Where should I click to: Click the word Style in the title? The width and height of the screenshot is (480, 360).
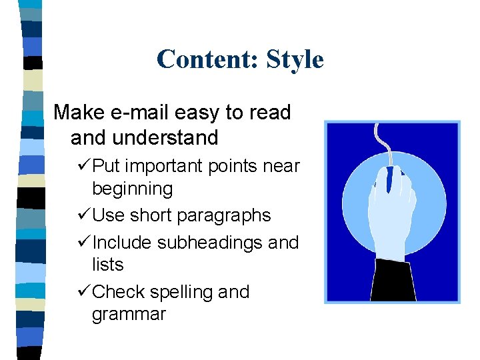pos(295,59)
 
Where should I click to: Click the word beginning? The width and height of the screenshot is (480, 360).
pos(132,189)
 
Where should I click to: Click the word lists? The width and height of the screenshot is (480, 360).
pos(107,265)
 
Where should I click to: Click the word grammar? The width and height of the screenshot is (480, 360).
pos(129,314)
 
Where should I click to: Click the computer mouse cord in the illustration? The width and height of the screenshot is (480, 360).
pos(381,143)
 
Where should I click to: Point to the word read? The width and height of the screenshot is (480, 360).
pos(269,113)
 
